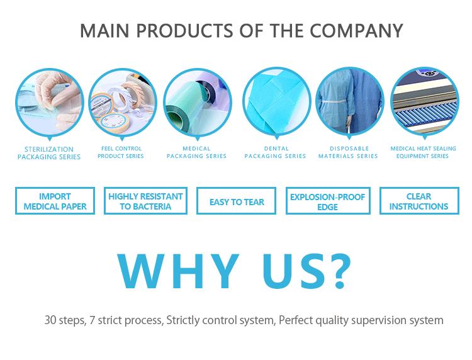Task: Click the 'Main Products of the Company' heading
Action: click(x=241, y=30)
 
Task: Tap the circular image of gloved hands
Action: click(x=49, y=101)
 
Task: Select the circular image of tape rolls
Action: click(x=123, y=101)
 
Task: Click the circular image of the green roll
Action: click(x=197, y=101)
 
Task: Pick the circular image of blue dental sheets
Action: click(x=276, y=101)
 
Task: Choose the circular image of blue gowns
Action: click(x=349, y=101)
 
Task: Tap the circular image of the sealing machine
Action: click(x=424, y=101)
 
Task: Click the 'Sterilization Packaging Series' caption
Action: click(x=49, y=153)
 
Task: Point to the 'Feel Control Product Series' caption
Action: click(x=123, y=152)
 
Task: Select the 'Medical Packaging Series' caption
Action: click(x=197, y=152)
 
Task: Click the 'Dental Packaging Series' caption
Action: click(x=276, y=152)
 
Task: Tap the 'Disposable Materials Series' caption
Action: click(x=349, y=152)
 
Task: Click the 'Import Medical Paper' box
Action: click(x=55, y=201)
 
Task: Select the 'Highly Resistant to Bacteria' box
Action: click(x=145, y=201)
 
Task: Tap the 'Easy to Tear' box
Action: click(x=237, y=202)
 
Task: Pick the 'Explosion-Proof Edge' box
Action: click(x=328, y=201)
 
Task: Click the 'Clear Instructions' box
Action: click(x=419, y=201)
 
